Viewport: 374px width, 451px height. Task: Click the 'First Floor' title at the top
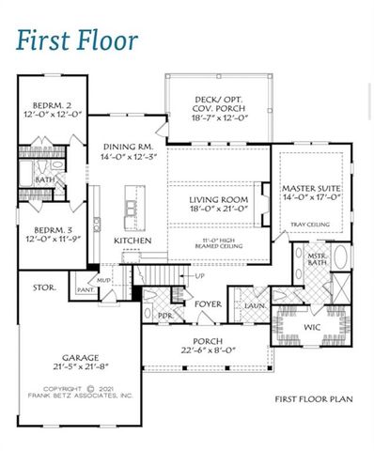click(x=78, y=40)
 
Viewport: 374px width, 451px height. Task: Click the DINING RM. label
click(x=129, y=148)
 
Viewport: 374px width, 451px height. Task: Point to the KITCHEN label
click(x=132, y=241)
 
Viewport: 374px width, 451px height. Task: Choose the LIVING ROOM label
click(x=218, y=199)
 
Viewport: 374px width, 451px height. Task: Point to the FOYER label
click(x=208, y=303)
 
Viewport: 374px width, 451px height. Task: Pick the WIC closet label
click(x=311, y=326)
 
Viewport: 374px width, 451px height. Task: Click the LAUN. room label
click(x=253, y=306)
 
